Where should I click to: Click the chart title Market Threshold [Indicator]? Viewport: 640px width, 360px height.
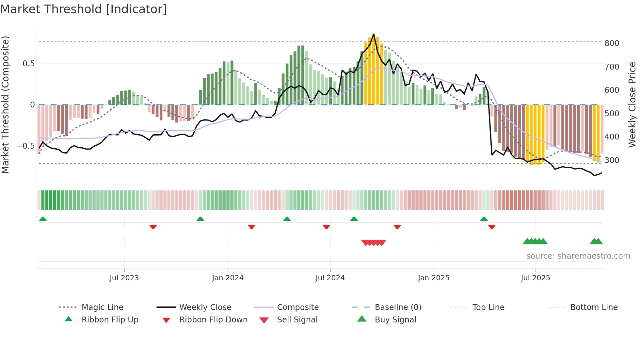point(84,9)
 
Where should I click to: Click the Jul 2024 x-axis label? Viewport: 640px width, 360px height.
point(330,278)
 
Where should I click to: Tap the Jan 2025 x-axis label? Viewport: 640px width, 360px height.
point(433,278)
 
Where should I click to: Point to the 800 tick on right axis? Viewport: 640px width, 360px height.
point(612,43)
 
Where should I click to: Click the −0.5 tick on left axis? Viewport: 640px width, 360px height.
point(26,146)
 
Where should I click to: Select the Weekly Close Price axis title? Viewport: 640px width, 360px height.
point(632,105)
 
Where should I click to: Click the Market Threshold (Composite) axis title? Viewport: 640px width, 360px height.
point(5,105)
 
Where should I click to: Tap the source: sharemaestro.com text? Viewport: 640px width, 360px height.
point(578,256)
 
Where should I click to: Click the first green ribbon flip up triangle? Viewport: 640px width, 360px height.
point(43,219)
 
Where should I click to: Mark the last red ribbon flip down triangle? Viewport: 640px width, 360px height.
point(492,227)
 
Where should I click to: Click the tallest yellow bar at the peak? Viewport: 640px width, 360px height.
point(374,69)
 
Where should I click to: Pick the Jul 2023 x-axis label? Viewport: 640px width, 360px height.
point(124,278)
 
